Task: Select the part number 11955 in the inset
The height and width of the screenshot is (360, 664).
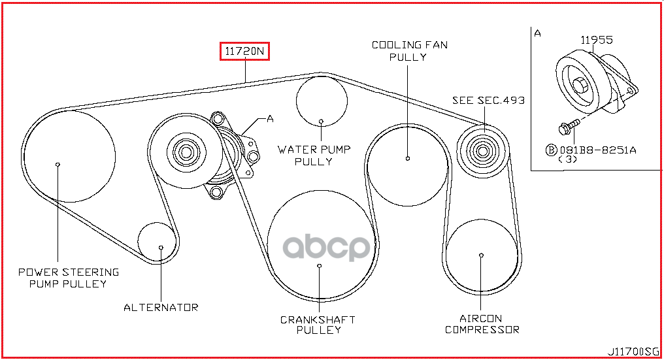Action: tap(597, 40)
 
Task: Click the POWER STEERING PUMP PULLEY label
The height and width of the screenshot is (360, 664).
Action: tap(68, 278)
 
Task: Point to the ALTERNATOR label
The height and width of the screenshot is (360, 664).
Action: tap(161, 307)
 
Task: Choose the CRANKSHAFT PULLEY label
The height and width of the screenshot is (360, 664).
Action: tap(318, 325)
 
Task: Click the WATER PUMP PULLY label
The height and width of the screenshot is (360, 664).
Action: tap(314, 155)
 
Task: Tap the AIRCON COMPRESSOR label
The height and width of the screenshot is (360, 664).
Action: tap(482, 324)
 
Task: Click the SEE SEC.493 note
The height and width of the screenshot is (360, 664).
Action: tap(488, 100)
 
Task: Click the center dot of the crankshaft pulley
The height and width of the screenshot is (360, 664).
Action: tap(319, 266)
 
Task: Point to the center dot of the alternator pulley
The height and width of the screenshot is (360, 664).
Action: tap(161, 248)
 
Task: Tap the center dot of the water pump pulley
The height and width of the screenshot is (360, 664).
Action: tap(322, 121)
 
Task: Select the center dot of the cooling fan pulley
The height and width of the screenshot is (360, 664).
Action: tap(407, 158)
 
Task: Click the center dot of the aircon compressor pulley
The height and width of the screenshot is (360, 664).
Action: tap(481, 255)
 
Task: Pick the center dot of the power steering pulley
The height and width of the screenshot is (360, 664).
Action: tap(58, 164)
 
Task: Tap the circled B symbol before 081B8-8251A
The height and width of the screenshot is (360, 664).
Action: tap(551, 150)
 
